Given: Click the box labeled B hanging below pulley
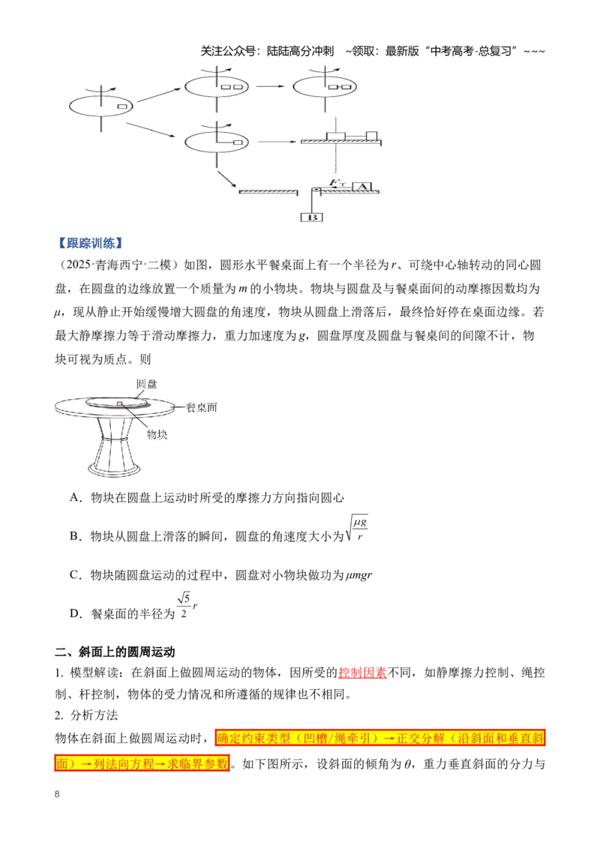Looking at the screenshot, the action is (311, 217).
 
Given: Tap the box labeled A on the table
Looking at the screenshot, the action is (363, 187).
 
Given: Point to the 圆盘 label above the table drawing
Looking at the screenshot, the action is (146, 384).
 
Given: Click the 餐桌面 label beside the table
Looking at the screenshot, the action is (202, 408).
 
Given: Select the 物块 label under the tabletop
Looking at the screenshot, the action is (157, 434).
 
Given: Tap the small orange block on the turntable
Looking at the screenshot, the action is (120, 403).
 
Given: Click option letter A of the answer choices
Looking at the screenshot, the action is (75, 497).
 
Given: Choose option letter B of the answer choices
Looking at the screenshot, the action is (75, 536).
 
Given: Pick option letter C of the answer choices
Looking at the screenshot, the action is (75, 575).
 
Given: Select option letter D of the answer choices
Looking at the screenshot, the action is (75, 613).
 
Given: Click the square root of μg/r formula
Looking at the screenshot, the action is (356, 529).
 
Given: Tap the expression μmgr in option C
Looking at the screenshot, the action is (358, 575).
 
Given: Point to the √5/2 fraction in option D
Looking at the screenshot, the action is (184, 606).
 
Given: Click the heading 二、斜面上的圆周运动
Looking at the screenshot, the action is (115, 651).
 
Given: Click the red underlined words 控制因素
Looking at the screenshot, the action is (362, 673).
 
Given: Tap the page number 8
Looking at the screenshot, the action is (58, 794).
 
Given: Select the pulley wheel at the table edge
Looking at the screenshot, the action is (315, 191).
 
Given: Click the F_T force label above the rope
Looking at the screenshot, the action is (337, 183).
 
